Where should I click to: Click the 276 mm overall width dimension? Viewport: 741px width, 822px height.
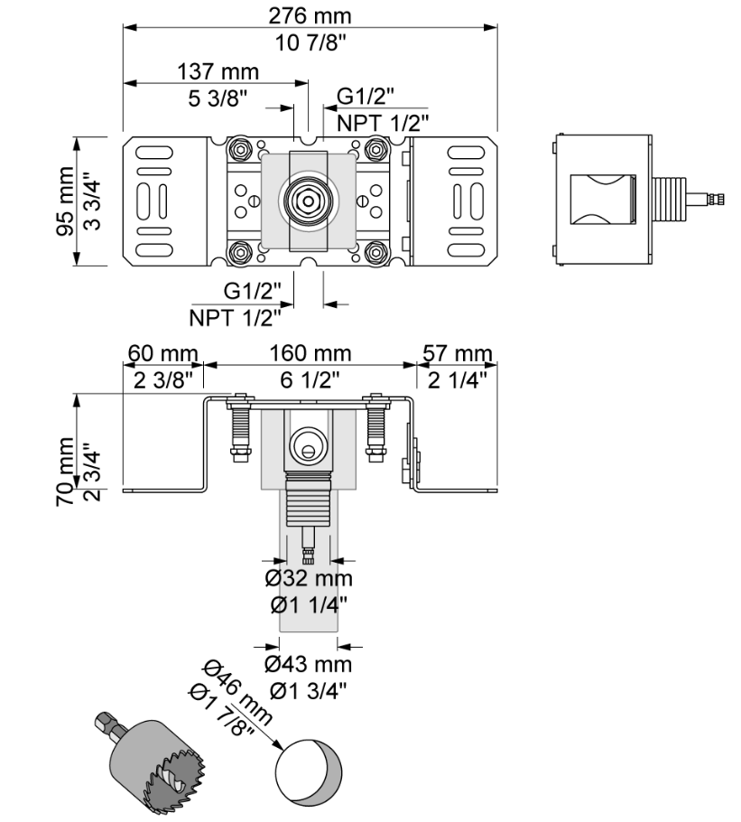[310, 15]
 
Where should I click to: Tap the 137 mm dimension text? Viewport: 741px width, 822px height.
[218, 71]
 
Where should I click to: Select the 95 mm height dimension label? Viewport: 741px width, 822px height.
[66, 201]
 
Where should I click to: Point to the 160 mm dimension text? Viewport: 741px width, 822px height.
[310, 353]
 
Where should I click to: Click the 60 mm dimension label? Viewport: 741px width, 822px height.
[162, 353]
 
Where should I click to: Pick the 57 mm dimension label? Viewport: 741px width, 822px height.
[458, 353]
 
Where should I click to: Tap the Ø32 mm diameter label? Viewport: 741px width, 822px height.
[309, 579]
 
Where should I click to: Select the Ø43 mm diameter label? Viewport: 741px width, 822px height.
[309, 664]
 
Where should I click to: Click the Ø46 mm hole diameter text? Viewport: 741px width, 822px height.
[237, 691]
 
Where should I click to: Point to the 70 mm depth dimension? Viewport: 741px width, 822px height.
[65, 472]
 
